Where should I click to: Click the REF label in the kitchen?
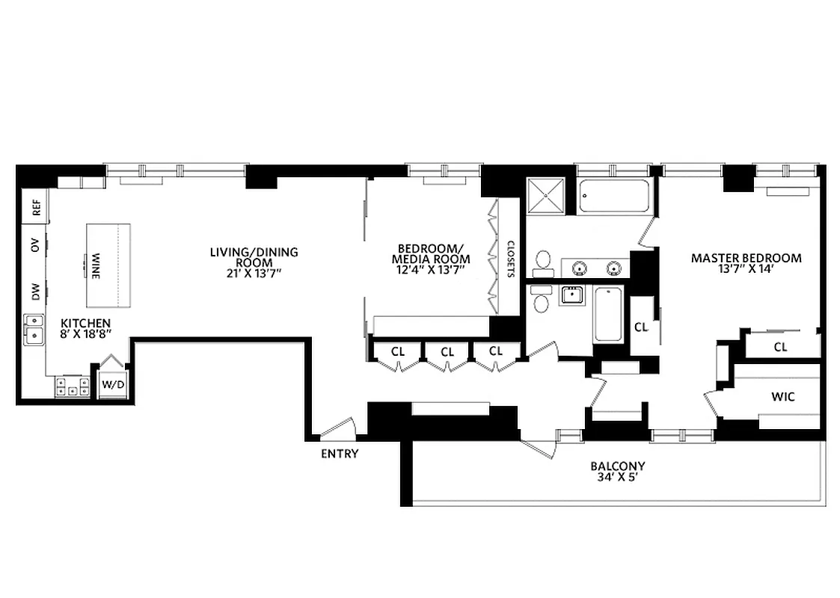tap(35, 206)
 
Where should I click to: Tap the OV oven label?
tap(35, 247)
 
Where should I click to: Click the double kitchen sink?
tap(34, 330)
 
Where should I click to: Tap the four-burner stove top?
tap(71, 387)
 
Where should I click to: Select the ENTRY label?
tap(339, 454)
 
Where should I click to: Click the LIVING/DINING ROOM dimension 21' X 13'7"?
tap(253, 274)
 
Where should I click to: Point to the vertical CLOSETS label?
tap(512, 258)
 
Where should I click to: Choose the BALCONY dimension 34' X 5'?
tap(616, 478)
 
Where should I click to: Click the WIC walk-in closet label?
tap(782, 397)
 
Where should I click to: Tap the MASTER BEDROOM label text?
tap(746, 258)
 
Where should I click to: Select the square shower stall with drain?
tap(549, 196)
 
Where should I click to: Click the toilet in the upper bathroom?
tap(544, 262)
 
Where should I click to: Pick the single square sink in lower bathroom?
tap(572, 295)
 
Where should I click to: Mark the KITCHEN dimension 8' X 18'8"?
tap(85, 335)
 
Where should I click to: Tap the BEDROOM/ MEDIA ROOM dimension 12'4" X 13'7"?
tap(433, 271)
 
